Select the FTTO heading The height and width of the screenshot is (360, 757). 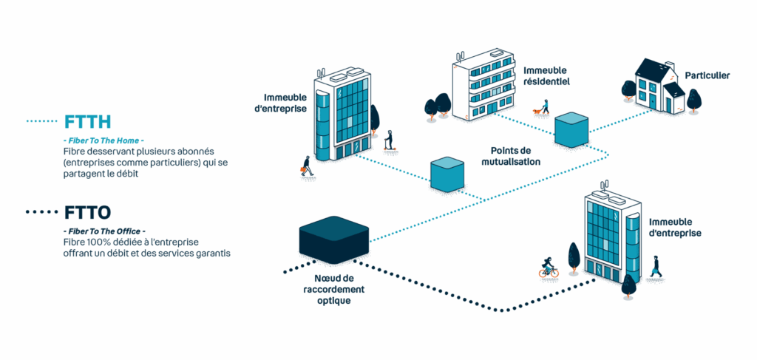(87, 213)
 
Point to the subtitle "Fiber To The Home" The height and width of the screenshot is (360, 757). (103, 140)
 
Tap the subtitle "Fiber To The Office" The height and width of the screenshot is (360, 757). (103, 231)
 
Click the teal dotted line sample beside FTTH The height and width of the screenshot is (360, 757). (42, 121)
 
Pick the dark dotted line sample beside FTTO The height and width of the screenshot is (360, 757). (42, 213)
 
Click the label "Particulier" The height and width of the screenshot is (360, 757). (707, 75)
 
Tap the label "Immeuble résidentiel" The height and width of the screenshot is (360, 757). (546, 76)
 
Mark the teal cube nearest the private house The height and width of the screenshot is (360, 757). (571, 129)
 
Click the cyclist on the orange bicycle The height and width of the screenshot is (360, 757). (549, 268)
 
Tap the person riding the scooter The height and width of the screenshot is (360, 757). (390, 142)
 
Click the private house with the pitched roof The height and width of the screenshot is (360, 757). (657, 87)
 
